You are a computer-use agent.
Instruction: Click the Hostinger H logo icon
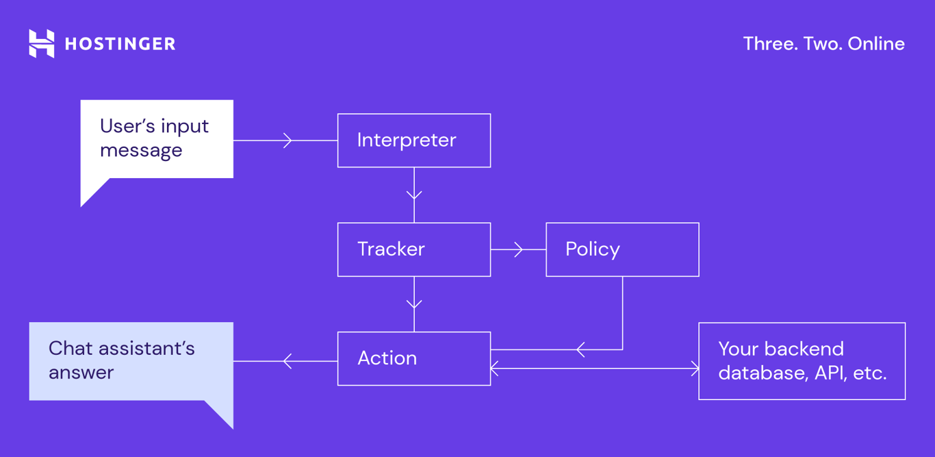pos(41,44)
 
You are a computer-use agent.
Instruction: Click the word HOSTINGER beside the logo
pos(120,45)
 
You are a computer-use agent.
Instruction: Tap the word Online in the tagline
pos(876,44)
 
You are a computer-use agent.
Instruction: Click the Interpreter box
pos(413,140)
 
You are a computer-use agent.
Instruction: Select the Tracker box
pos(413,249)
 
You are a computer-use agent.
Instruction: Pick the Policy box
pos(622,249)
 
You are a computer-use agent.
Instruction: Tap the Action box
pos(413,358)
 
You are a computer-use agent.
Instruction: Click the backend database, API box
pos(802,361)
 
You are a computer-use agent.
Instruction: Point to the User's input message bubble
pos(156,139)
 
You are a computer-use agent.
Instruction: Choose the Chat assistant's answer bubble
pos(131,361)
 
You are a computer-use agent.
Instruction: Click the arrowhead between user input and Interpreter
pos(287,140)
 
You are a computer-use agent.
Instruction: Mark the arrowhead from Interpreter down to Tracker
pos(414,195)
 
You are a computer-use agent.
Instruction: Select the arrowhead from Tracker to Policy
pos(518,249)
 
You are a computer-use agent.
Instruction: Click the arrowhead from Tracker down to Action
pos(414,304)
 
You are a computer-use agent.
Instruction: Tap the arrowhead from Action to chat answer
pos(287,361)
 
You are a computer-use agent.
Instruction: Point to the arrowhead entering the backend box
pos(695,369)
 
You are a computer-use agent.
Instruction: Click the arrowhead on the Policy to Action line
pos(580,350)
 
